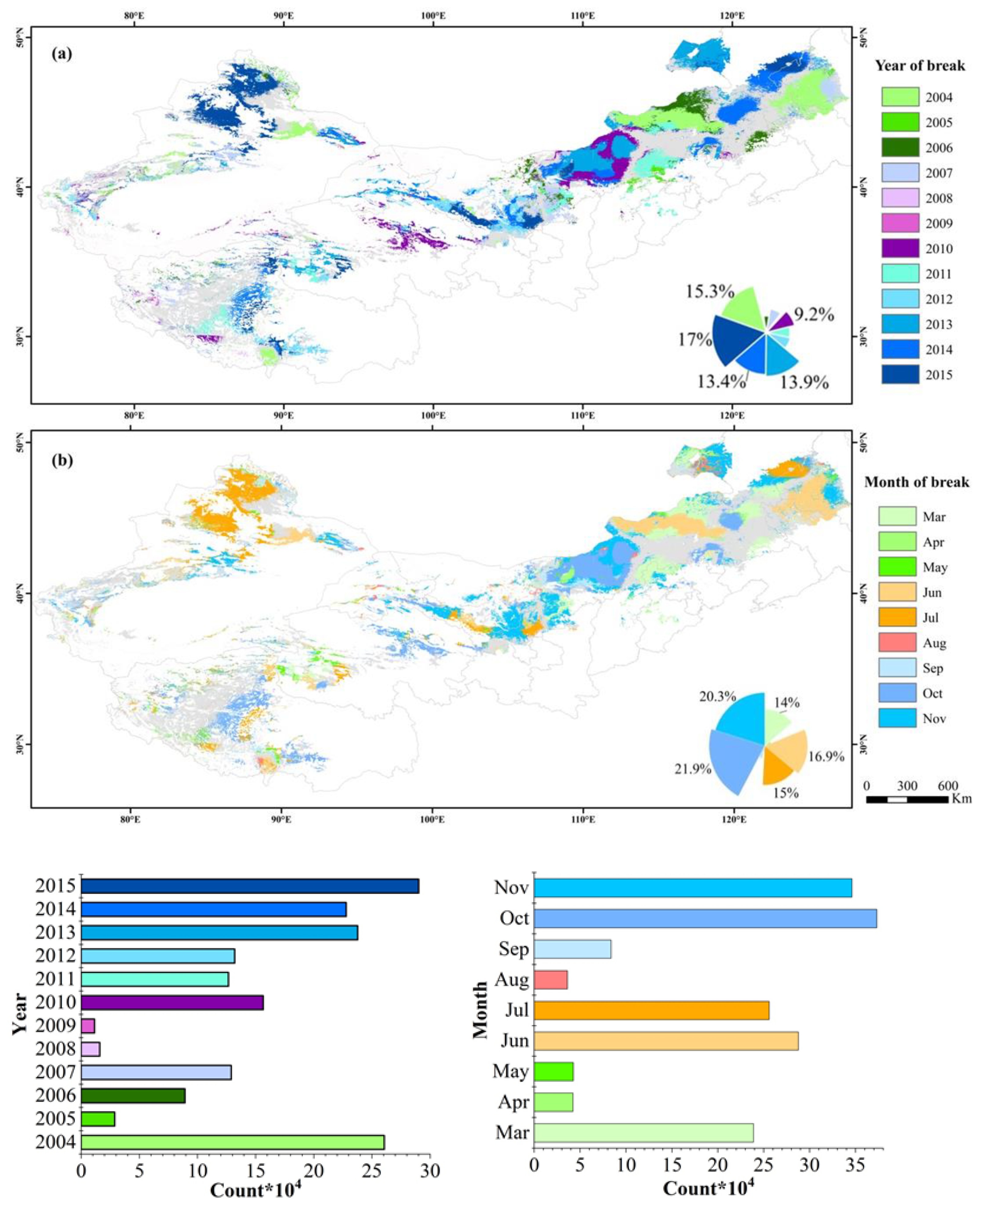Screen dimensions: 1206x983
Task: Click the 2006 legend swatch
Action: pyautogui.click(x=900, y=148)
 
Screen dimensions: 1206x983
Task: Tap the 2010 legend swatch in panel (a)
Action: pyautogui.click(x=900, y=249)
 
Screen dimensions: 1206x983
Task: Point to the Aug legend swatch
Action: pyautogui.click(x=897, y=643)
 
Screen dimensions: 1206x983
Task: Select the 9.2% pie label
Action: pyautogui.click(x=814, y=315)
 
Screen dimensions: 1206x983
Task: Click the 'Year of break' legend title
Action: pyautogui.click(x=920, y=66)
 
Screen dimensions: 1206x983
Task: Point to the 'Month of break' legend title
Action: pyautogui.click(x=916, y=482)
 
